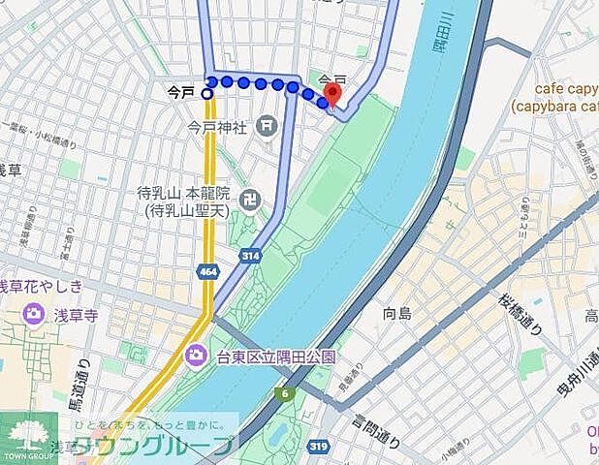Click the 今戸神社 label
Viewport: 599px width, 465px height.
(x=218, y=126)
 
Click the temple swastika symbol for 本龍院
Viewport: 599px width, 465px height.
(x=249, y=199)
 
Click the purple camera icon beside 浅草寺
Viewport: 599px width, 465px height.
(x=34, y=314)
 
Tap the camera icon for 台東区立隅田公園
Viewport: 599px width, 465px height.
(x=195, y=356)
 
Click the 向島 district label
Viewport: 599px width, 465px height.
(x=396, y=313)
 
